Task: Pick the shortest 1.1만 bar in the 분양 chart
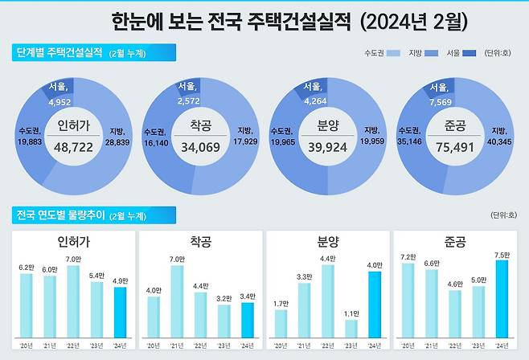(x=351, y=328)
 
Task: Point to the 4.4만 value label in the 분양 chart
(x=327, y=258)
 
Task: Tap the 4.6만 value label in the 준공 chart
(x=455, y=283)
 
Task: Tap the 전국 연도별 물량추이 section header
(x=59, y=215)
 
